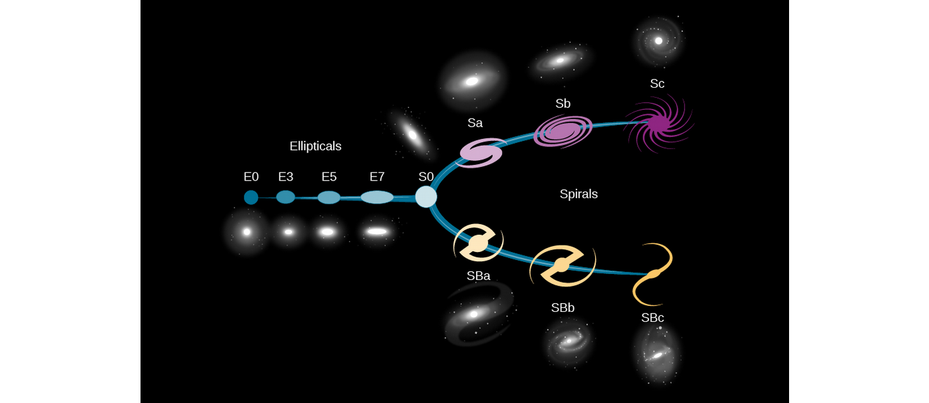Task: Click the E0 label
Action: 251,177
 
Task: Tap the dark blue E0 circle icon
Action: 251,197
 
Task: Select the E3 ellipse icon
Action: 286,197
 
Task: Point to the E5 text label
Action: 329,177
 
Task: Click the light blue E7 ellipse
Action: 377,197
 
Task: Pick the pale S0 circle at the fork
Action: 426,196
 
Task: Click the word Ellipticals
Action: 315,146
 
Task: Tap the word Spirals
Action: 578,194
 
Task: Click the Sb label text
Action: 563,103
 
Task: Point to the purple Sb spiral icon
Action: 563,131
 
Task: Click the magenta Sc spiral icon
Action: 658,123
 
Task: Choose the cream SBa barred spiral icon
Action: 478,243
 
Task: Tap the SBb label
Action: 563,308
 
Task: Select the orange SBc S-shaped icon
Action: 653,274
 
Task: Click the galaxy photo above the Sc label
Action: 658,41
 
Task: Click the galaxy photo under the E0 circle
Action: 247,232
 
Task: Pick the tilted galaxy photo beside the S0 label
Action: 412,135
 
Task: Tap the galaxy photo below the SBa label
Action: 478,314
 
